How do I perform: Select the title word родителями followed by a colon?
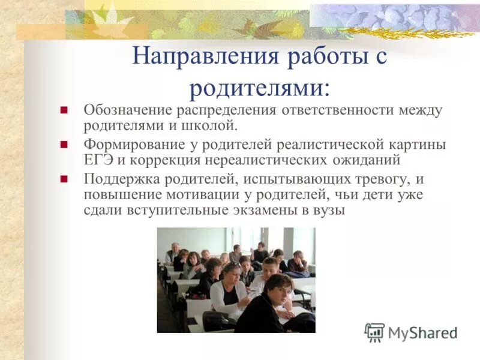point(259,88)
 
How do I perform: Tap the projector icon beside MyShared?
point(374,332)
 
